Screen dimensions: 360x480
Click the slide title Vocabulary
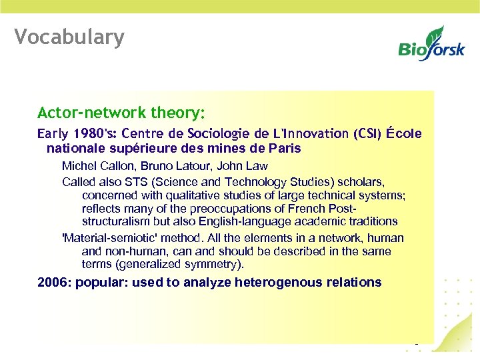click(69, 37)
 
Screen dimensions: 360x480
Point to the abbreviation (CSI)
click(365, 133)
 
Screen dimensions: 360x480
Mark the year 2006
click(53, 282)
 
